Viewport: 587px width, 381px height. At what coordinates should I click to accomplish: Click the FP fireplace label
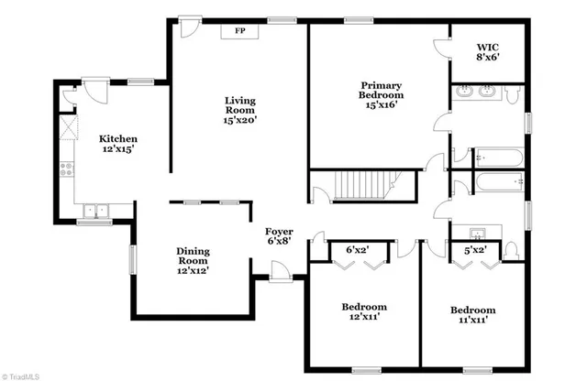point(241,32)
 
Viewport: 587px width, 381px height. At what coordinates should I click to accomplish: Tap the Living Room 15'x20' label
point(241,109)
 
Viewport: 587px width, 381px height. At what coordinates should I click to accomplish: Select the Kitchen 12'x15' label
point(117,144)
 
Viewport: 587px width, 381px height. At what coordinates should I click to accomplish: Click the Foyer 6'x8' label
point(279,236)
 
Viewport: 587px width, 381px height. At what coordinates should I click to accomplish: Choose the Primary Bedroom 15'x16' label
point(380,94)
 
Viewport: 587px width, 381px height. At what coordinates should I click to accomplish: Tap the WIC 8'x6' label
point(488,52)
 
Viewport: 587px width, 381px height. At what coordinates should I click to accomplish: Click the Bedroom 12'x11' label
point(364,311)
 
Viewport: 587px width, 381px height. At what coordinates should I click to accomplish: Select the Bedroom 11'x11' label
point(472,315)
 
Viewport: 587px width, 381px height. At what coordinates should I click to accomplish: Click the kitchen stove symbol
point(66,169)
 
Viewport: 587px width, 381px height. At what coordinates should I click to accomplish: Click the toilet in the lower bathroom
point(511,249)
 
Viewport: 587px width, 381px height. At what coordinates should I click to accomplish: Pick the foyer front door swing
point(279,271)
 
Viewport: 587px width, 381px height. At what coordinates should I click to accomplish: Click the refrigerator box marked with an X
point(66,125)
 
